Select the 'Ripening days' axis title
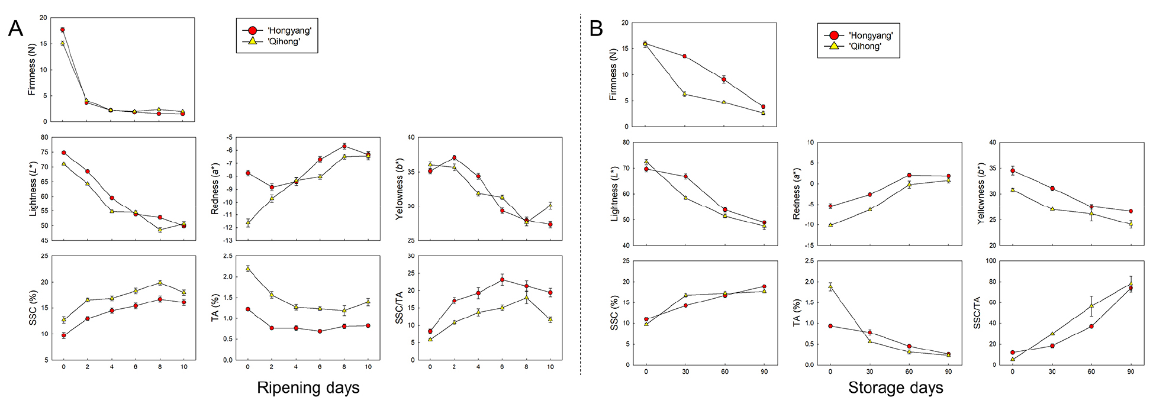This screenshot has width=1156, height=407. (308, 388)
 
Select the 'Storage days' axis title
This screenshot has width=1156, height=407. (895, 388)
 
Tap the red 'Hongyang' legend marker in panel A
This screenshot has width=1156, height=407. (253, 31)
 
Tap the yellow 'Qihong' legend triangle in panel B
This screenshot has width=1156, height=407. (833, 46)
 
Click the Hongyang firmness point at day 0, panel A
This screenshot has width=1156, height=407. (63, 30)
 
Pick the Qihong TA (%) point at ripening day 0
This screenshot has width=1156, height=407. (247, 269)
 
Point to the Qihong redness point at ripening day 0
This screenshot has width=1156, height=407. (247, 223)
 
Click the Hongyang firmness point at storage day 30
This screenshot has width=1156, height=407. (685, 56)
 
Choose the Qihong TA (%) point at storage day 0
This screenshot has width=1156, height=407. (830, 287)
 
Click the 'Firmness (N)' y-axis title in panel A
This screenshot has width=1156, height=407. (33, 70)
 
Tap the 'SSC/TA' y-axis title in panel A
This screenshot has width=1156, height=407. (400, 308)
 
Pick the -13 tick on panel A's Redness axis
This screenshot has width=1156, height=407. (227, 241)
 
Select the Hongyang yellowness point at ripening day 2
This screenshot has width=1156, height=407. (454, 158)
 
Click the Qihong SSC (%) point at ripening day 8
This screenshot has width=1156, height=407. (160, 283)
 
